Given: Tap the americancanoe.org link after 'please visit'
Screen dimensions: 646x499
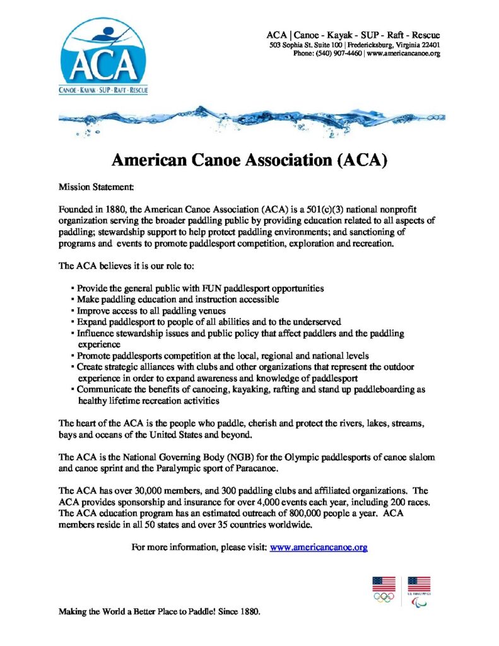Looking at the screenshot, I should click(318, 547).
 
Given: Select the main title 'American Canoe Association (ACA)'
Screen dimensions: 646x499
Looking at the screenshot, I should click(249, 160).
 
